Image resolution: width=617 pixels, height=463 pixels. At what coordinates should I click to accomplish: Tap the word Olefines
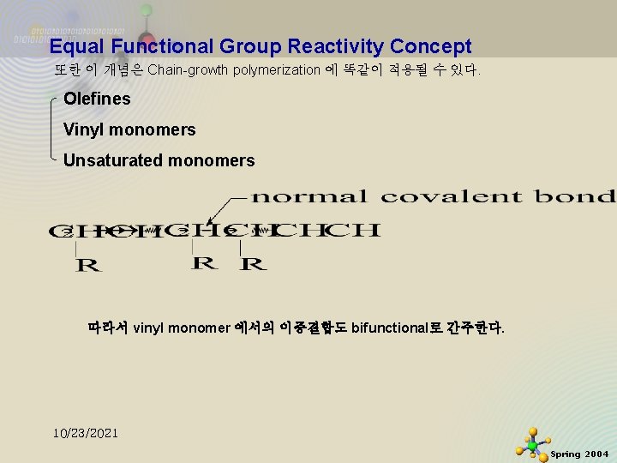click(x=97, y=99)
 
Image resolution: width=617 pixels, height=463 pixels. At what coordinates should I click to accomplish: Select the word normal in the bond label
click(x=309, y=196)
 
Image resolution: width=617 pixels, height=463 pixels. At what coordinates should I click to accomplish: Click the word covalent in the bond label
click(x=451, y=196)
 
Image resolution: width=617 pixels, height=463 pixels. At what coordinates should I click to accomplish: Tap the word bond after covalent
click(x=574, y=196)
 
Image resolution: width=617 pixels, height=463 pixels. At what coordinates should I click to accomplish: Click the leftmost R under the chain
click(x=88, y=266)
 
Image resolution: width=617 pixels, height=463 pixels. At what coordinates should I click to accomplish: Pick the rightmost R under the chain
click(x=253, y=264)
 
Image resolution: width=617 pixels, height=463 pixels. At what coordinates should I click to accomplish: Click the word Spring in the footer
click(x=565, y=454)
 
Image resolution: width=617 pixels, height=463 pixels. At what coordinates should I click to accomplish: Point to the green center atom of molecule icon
click(x=533, y=447)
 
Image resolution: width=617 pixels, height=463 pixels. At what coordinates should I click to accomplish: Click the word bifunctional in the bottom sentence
click(x=392, y=328)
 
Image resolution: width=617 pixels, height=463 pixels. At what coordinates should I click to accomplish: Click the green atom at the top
click(x=147, y=10)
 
